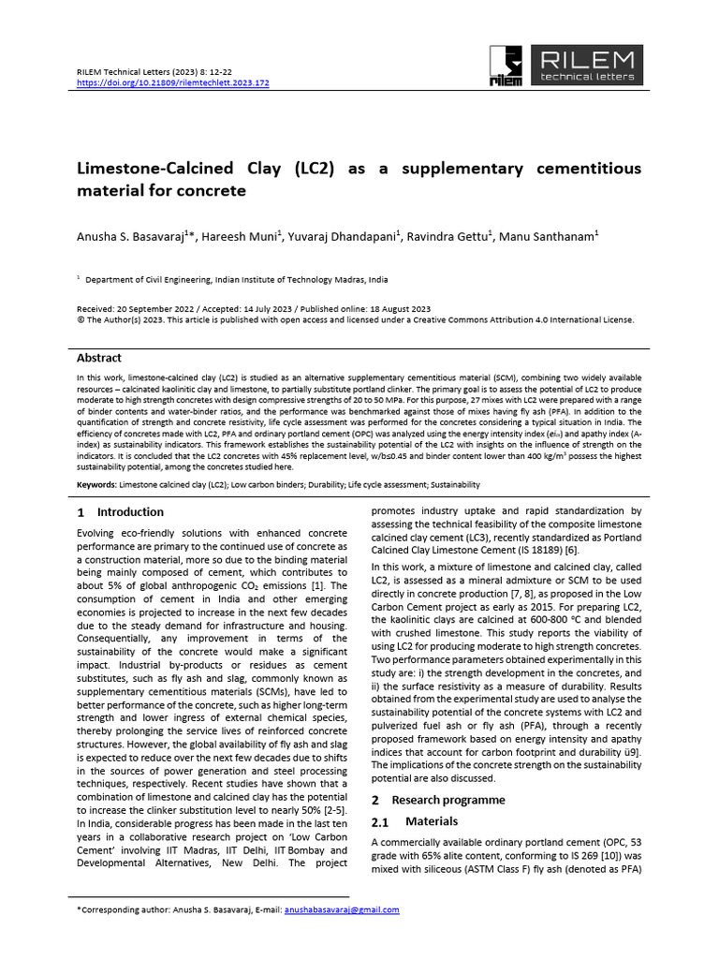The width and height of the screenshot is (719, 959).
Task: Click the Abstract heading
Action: click(x=98, y=358)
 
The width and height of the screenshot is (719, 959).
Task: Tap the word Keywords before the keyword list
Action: click(x=95, y=485)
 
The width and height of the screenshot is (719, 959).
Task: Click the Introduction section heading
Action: click(x=130, y=512)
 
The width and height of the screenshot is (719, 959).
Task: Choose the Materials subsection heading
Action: click(x=432, y=821)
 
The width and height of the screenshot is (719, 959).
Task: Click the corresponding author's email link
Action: click(x=342, y=909)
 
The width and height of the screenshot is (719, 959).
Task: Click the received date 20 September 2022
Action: click(x=154, y=308)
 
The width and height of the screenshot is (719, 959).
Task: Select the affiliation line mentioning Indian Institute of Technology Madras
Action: click(x=237, y=280)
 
